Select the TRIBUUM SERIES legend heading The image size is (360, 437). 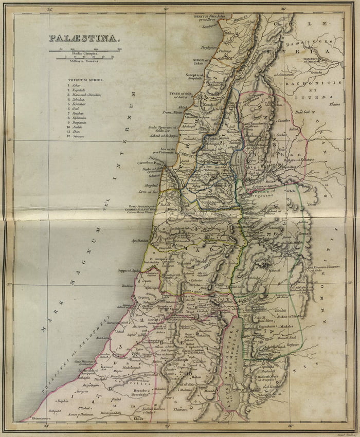85,80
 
